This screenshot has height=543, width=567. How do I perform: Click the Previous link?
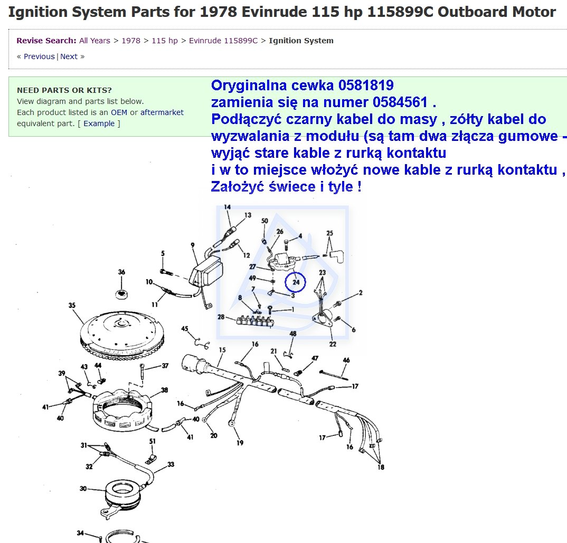click(39, 56)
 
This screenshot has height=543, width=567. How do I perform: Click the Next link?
click(69, 56)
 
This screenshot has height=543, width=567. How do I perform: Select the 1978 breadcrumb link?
click(131, 41)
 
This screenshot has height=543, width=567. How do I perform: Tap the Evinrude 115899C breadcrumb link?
click(223, 41)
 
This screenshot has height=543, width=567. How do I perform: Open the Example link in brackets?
click(99, 123)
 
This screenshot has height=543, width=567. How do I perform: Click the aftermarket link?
click(162, 112)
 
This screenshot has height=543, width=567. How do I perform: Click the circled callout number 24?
click(296, 282)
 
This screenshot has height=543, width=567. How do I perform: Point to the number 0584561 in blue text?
click(400, 102)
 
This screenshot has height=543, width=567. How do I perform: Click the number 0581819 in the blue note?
click(366, 85)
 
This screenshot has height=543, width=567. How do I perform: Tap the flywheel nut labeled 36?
click(121, 294)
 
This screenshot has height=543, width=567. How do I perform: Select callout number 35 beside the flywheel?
click(72, 306)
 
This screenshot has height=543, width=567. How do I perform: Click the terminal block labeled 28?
click(255, 321)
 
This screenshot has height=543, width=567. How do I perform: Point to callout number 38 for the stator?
click(165, 390)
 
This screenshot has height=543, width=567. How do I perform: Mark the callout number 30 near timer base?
click(83, 489)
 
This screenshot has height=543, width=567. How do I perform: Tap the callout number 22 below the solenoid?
click(333, 344)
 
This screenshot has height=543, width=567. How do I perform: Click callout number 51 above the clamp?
click(152, 441)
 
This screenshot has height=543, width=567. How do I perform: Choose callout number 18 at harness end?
click(381, 467)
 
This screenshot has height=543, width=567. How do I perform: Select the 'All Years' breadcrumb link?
click(94, 41)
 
